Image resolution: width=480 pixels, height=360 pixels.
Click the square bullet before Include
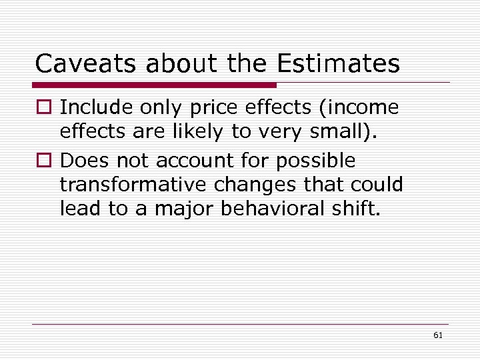[44, 107]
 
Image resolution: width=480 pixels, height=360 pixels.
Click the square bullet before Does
[44, 161]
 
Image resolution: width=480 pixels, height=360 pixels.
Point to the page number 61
[437, 335]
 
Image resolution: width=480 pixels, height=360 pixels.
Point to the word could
[378, 184]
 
